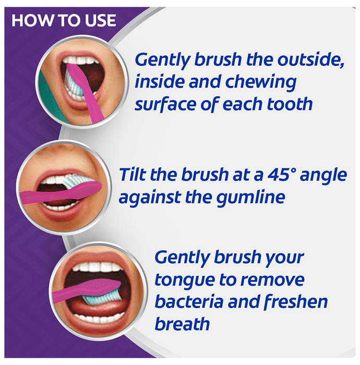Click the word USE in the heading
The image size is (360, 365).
coord(100,20)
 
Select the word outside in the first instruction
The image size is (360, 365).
coord(311,59)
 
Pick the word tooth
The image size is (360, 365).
coord(290,104)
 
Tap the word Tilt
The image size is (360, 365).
coord(133,175)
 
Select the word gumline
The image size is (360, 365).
coord(251,198)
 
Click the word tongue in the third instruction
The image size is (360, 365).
coord(185,281)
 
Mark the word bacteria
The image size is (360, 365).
coord(189,301)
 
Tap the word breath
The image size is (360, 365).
coord(182,324)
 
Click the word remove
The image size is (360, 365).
coord(272,281)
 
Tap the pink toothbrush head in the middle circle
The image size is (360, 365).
coord(86,188)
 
